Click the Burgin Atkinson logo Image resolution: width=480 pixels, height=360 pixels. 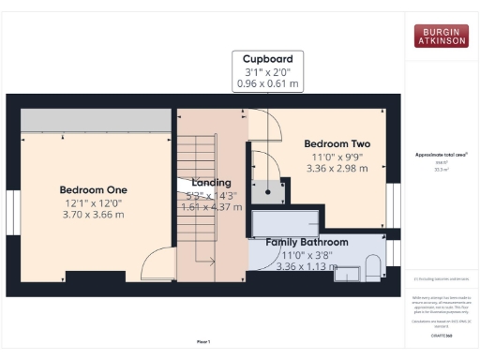pyautogui.click(x=441, y=36)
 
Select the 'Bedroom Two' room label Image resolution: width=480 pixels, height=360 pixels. pyautogui.click(x=337, y=143)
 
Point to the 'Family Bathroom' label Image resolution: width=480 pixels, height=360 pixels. pyautogui.click(x=307, y=242)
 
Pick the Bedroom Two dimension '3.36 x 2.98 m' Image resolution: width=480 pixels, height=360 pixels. pyautogui.click(x=337, y=170)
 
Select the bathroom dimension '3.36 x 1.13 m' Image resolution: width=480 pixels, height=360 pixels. pyautogui.click(x=307, y=266)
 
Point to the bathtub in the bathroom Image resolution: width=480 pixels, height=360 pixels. pyautogui.click(x=286, y=223)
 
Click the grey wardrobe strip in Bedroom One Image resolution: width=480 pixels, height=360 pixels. pyautogui.click(x=95, y=120)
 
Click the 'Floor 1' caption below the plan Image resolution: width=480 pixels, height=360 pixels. pyautogui.click(x=203, y=341)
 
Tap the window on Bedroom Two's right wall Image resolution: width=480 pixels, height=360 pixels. pyautogui.click(x=394, y=205)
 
